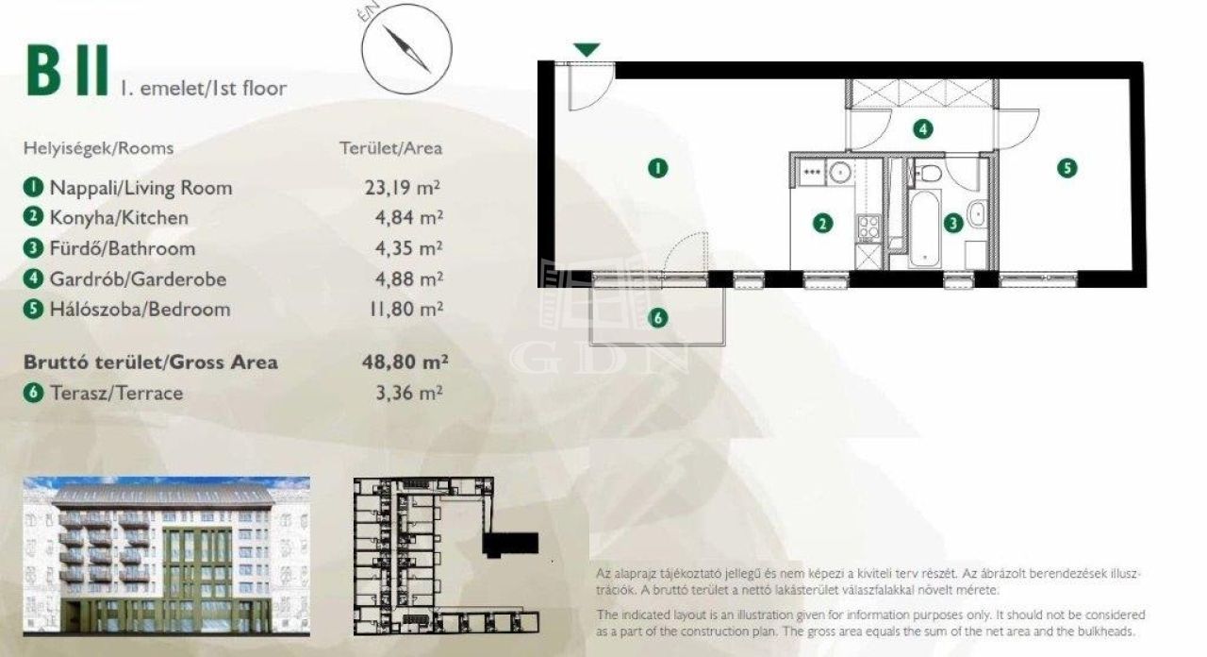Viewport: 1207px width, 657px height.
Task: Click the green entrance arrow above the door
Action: (587, 50)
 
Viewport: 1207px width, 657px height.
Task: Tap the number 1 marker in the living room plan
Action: (657, 168)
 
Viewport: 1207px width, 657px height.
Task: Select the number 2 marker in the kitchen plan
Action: (822, 224)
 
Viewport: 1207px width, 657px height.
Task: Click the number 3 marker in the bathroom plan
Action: (952, 223)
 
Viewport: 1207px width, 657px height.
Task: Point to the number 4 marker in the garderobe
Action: (923, 129)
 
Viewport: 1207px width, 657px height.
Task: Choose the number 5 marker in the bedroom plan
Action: (1066, 168)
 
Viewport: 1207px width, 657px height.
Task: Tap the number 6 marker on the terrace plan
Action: (657, 318)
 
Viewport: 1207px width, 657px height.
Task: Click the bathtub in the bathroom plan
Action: (925, 228)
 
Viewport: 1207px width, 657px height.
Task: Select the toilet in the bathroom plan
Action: (927, 174)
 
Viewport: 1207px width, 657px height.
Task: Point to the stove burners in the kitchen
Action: (868, 227)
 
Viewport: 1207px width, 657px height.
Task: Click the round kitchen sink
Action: (839, 172)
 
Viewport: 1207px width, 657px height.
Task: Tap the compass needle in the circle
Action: (406, 49)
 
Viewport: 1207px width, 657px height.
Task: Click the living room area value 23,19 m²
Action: (403, 187)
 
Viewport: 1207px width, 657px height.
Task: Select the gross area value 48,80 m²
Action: (405, 362)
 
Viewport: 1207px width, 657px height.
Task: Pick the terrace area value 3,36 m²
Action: (409, 393)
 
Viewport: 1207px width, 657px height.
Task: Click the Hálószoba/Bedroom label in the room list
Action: (141, 309)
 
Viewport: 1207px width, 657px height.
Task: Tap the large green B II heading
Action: (67, 71)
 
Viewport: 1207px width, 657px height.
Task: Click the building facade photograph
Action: (167, 556)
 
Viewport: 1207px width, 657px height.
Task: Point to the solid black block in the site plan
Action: (510, 545)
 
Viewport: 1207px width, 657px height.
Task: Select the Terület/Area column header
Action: (390, 148)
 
